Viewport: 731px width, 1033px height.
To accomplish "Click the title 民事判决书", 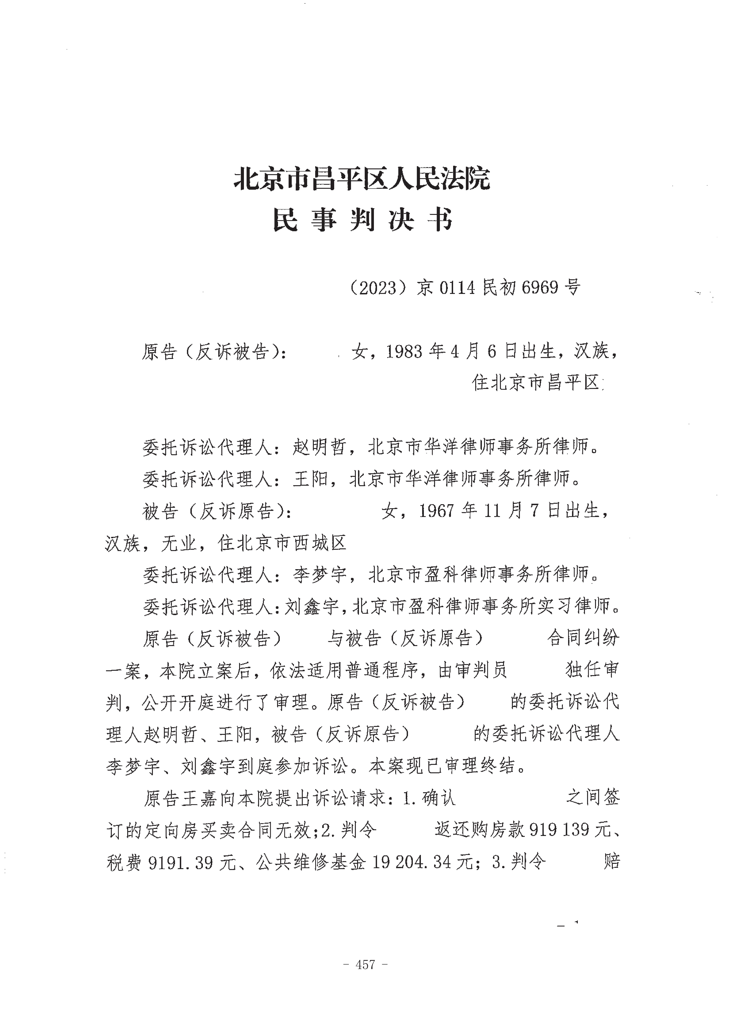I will point(362,220).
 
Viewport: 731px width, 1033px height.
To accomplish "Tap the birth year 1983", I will point(404,351).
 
